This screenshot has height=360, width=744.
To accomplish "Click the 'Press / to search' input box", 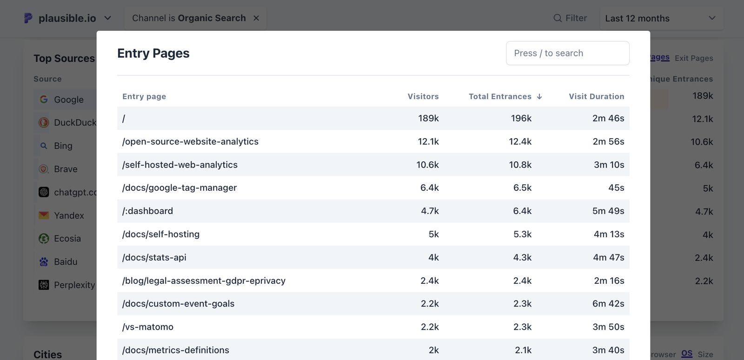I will (567, 53).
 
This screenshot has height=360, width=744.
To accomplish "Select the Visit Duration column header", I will (596, 96).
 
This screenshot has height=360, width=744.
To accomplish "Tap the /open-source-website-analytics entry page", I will (190, 141).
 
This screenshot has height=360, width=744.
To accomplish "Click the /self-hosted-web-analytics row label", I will (179, 165).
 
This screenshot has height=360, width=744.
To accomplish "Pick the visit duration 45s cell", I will (616, 187).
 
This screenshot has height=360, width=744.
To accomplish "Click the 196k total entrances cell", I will (521, 118).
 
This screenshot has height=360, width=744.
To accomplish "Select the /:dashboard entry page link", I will (147, 211).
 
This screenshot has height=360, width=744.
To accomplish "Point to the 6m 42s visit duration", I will (608, 304).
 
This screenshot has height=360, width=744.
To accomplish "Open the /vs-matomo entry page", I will (147, 327).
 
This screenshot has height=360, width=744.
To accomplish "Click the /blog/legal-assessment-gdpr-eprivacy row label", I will (204, 280).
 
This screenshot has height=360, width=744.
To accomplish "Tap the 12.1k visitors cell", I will (428, 141).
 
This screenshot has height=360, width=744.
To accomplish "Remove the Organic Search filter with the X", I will (256, 18).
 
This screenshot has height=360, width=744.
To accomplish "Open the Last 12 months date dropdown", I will (660, 19).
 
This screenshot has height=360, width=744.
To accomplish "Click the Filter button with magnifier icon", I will (570, 18).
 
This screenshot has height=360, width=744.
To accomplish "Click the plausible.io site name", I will (67, 18).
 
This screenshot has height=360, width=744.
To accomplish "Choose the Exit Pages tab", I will (694, 58).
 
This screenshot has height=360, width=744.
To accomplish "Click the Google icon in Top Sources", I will (44, 100).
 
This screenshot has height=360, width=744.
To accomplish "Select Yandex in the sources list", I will (69, 215).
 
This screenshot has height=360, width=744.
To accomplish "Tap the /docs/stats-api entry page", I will (154, 257).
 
